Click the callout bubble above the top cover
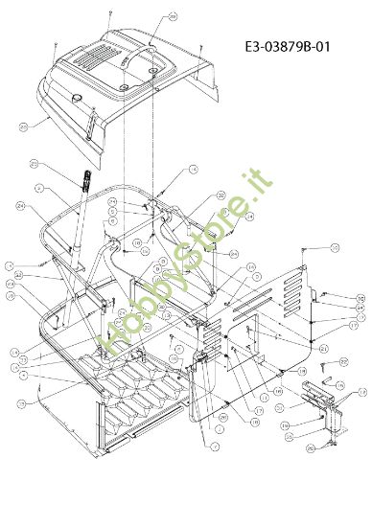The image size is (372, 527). (173, 17)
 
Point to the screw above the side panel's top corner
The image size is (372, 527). (302, 252)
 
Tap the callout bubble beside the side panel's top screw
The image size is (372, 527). (336, 248)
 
